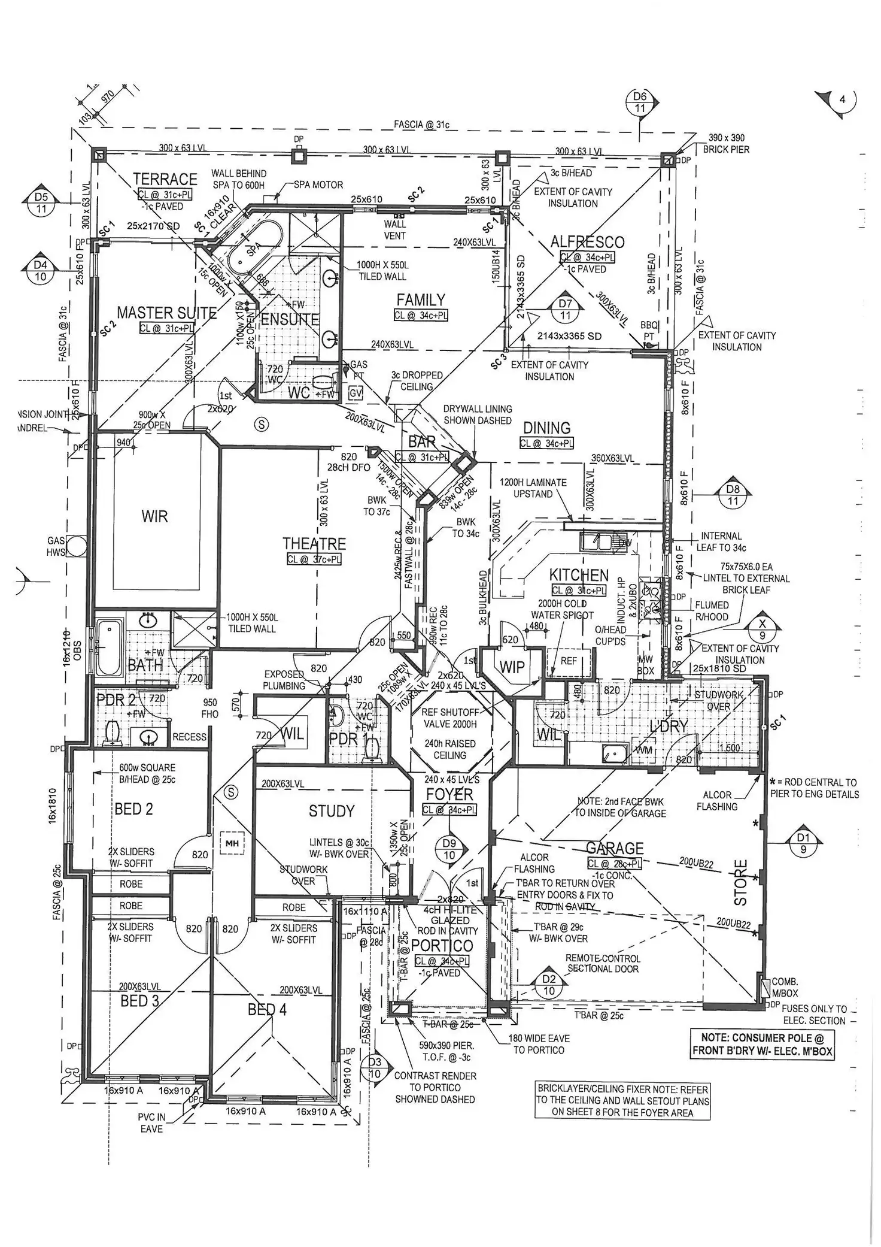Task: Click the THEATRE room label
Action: pyautogui.click(x=314, y=543)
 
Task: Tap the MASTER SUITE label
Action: pyautogui.click(x=166, y=313)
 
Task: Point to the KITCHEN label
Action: pyautogui.click(x=579, y=575)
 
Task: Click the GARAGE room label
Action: pyautogui.click(x=615, y=848)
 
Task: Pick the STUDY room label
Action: pyautogui.click(x=332, y=811)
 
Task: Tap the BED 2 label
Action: pyautogui.click(x=133, y=809)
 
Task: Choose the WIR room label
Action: pyautogui.click(x=154, y=516)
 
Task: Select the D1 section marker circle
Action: pyautogui.click(x=803, y=843)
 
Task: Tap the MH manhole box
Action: pyautogui.click(x=232, y=843)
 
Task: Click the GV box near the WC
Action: pyautogui.click(x=356, y=394)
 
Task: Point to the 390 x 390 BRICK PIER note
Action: pyautogui.click(x=726, y=143)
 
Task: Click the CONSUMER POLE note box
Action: pyautogui.click(x=762, y=1044)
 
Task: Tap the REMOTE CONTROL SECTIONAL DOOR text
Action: pyautogui.click(x=603, y=963)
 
